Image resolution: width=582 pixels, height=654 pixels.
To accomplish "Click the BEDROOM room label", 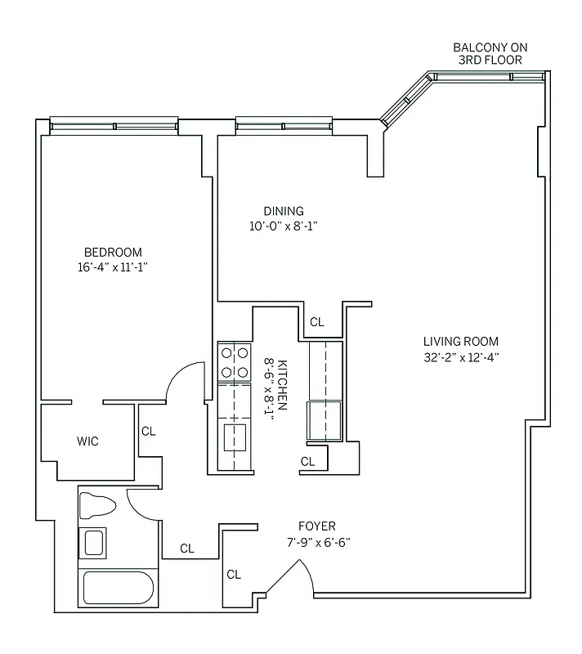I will pos(113,252).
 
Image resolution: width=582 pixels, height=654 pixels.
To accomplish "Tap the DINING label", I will pos(283,211).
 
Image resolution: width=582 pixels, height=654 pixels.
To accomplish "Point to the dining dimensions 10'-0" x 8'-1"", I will pos(283,226).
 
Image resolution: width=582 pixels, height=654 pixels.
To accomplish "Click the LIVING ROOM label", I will pos(460,342).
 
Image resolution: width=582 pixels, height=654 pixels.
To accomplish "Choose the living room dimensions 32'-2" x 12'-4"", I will pos(460,356).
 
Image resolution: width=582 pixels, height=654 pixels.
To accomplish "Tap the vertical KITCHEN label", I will pos(282,384).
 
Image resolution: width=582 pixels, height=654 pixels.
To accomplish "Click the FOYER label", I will pos(317,526).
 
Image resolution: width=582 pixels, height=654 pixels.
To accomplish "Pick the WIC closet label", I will pos(87,441).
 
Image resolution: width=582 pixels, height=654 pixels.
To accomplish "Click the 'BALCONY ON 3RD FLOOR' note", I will pos(488,54).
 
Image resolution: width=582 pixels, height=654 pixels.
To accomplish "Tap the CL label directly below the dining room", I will pos(317,322).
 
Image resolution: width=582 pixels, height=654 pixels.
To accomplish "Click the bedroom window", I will pos(114,125).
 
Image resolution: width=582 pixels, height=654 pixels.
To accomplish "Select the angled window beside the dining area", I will pos(406,101).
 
